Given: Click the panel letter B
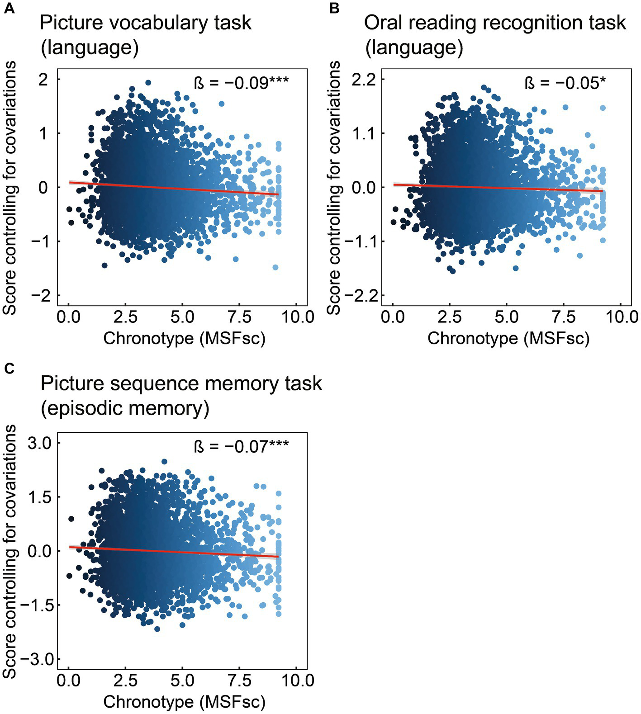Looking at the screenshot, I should coord(334,9).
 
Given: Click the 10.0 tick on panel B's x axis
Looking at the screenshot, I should coord(621,317).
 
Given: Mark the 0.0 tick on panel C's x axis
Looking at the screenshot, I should coord(69,680).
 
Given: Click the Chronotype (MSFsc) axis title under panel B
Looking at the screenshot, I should coord(508,338).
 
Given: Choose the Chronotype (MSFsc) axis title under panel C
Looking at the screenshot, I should coord(184,702).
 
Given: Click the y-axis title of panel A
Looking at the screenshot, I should coord(10,188).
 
